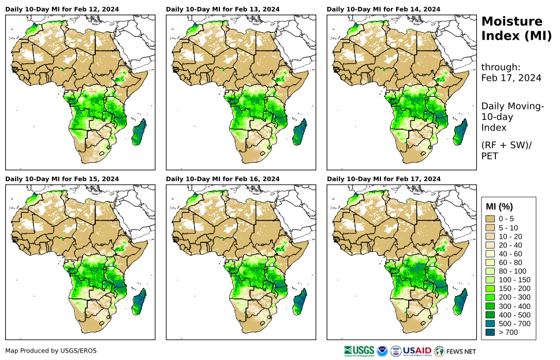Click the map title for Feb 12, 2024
(62, 9)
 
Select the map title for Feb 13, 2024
(223, 9)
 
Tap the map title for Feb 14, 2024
(383, 9)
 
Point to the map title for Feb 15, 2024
(62, 179)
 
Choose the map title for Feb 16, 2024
(223, 179)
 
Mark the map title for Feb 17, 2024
(383, 179)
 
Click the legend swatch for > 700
(491, 332)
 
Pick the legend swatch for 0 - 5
(491, 219)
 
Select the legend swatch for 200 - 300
(491, 297)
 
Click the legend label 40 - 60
(511, 253)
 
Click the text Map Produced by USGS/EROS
(51, 351)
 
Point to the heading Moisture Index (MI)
(512, 29)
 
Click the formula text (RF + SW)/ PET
(506, 150)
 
